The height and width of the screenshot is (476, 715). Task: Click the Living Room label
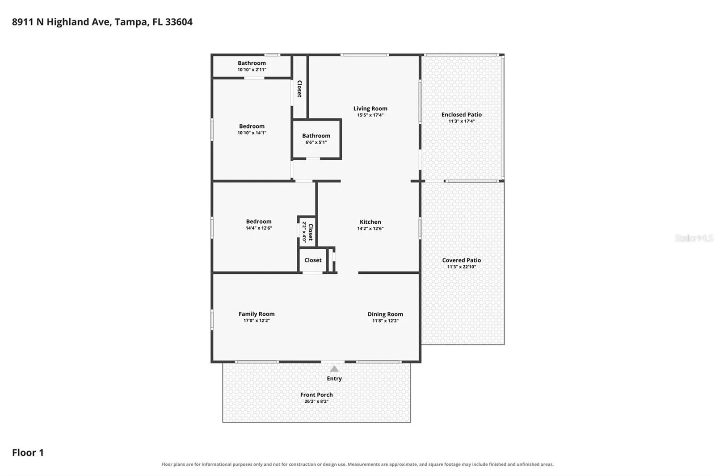(x=370, y=109)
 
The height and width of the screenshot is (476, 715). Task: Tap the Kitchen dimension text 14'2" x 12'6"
(x=370, y=229)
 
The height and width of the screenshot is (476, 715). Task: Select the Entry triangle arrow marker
(x=334, y=369)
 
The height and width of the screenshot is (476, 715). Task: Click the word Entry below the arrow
(x=334, y=379)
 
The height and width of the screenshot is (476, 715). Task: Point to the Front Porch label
(x=316, y=395)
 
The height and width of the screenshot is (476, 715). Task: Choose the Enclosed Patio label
(x=462, y=114)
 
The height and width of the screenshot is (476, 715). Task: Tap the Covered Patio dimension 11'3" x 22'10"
(x=462, y=267)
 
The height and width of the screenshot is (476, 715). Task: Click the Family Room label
(x=257, y=314)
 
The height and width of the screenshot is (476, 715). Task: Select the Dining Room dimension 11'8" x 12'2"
(x=385, y=321)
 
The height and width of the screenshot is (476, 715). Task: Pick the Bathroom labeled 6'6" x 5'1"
(x=316, y=136)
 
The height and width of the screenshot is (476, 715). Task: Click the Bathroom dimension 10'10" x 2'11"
(x=252, y=70)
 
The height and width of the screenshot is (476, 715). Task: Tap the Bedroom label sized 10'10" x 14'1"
(x=252, y=126)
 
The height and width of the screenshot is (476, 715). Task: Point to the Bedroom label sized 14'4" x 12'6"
(x=259, y=221)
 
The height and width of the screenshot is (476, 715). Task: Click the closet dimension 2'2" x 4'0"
(x=304, y=232)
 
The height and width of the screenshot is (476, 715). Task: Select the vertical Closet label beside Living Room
(x=299, y=89)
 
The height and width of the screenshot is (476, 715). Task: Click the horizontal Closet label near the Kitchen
(x=313, y=260)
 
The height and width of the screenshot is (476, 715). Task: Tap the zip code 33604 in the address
(x=179, y=22)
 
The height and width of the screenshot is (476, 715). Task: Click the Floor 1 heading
(x=28, y=453)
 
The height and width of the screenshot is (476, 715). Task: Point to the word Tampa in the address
(x=132, y=22)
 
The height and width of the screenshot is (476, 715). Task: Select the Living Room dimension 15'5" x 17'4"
(x=370, y=115)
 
